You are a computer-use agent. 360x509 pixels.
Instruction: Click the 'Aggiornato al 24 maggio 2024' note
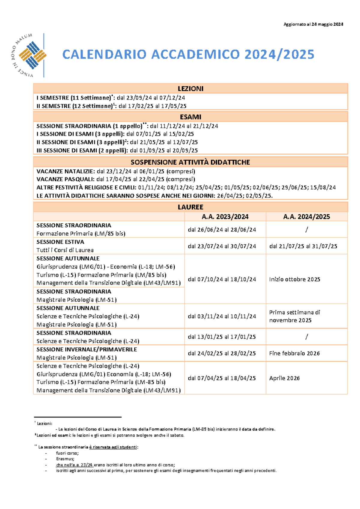[313, 24]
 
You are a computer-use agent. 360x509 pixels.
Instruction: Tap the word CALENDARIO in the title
[105, 55]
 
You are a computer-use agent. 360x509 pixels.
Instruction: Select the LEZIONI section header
[190, 89]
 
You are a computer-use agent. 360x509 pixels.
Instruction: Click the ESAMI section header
[190, 117]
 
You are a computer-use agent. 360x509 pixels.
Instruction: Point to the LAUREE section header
[190, 207]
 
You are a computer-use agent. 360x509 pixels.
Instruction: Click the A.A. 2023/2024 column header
[225, 217]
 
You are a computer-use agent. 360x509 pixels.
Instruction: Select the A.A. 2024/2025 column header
[306, 217]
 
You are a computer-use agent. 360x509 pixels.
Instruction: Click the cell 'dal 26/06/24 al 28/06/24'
[222, 230]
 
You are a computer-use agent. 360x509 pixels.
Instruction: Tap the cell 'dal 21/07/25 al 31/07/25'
[303, 246]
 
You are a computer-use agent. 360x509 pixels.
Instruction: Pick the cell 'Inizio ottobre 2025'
[295, 279]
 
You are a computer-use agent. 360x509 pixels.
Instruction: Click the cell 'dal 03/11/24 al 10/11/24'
[222, 316]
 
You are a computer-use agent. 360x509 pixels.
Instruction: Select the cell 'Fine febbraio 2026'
[294, 353]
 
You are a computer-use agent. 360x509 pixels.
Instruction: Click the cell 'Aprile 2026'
[284, 378]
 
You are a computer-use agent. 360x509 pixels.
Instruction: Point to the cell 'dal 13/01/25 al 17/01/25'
[222, 337]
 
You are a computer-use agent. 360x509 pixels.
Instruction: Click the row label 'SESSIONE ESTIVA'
[60, 242]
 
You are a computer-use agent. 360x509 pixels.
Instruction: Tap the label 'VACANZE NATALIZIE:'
[66, 171]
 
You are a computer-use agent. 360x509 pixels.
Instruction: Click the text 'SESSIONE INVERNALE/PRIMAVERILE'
[87, 350]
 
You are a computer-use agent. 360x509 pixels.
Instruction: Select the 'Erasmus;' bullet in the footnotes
[65, 459]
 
